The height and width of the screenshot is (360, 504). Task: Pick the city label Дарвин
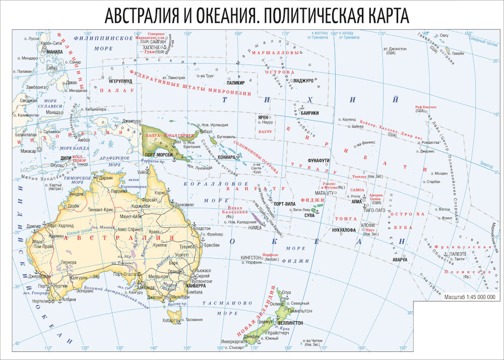[x=105, y=178]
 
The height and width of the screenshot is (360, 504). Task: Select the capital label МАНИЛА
[x=54, y=51]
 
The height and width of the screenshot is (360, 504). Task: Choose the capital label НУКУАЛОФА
[x=344, y=230]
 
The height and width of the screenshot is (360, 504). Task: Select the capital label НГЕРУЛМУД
[x=120, y=80]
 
